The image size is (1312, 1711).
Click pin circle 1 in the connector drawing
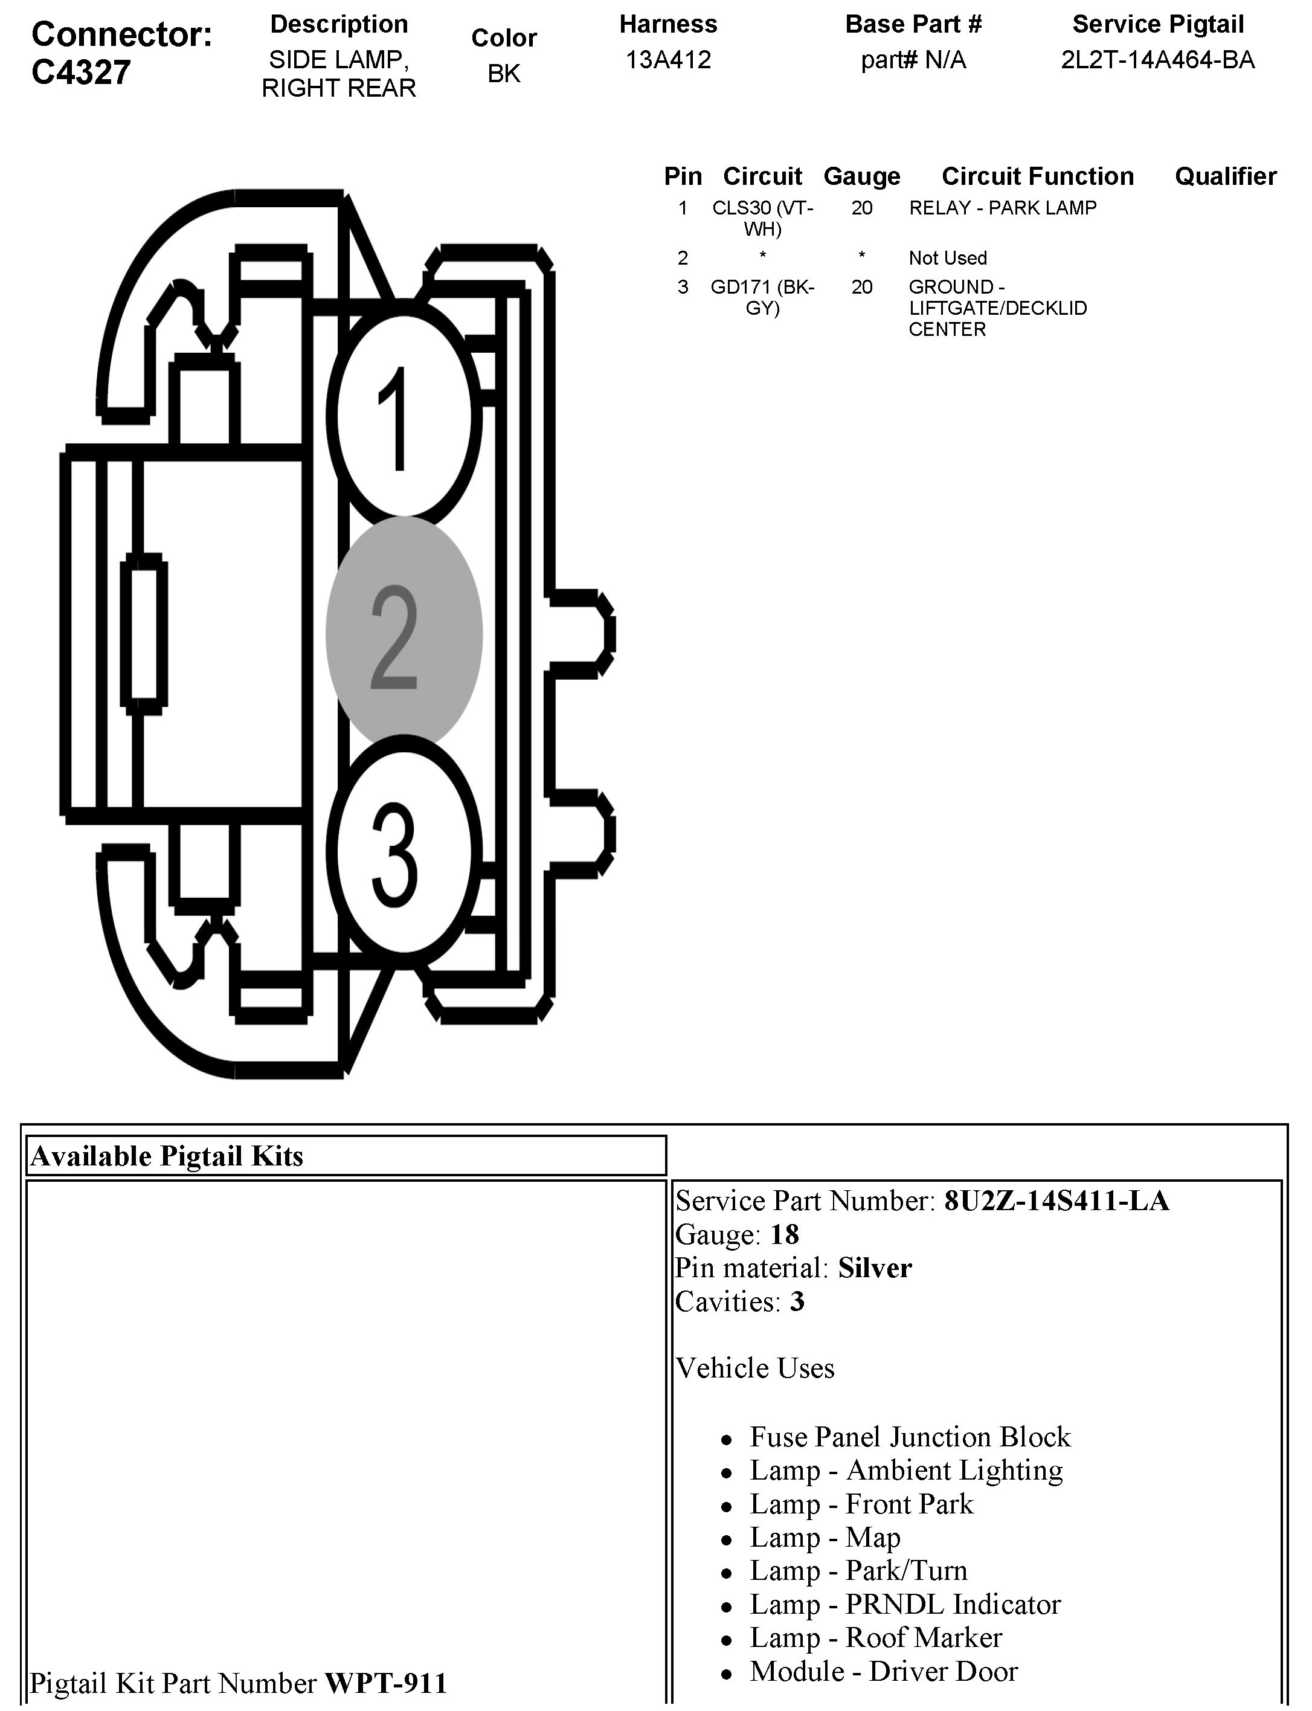(402, 418)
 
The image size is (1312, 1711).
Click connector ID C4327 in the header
(81, 72)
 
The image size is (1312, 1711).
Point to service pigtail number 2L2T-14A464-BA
(1157, 60)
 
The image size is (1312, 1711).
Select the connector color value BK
(504, 74)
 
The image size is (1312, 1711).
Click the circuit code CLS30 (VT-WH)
(762, 218)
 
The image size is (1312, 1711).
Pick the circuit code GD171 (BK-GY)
(762, 297)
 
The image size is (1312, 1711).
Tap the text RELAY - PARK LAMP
(1003, 208)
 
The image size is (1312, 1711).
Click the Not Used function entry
(947, 258)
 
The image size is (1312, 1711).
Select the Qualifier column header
(1225, 176)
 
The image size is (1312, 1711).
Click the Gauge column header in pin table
(861, 176)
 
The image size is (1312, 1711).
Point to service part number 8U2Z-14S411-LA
(1056, 1201)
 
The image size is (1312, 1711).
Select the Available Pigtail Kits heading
(166, 1156)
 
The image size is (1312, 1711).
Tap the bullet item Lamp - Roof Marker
(875, 1637)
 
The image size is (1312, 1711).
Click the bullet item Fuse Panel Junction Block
(910, 1437)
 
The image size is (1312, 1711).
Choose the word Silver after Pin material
(875, 1268)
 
